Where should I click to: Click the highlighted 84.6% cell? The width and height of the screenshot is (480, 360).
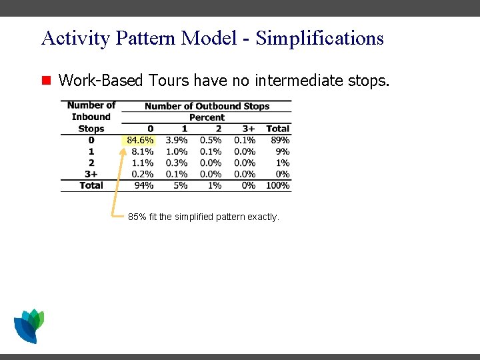pyautogui.click(x=140, y=140)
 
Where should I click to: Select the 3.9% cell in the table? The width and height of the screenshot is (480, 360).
pyautogui.click(x=177, y=140)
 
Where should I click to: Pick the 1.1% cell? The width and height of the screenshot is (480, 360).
pyautogui.click(x=143, y=163)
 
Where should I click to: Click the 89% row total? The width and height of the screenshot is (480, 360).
pyautogui.click(x=280, y=140)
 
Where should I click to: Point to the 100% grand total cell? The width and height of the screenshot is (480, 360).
pyautogui.click(x=278, y=185)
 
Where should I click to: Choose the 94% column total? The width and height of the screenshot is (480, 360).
pyautogui.click(x=144, y=185)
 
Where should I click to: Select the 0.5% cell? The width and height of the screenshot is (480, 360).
pyautogui.click(x=211, y=140)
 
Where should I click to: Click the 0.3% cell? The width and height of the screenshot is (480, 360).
pyautogui.click(x=177, y=163)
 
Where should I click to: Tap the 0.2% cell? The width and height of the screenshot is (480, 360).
pyautogui.click(x=143, y=174)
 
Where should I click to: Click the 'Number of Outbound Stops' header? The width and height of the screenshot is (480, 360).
pyautogui.click(x=207, y=106)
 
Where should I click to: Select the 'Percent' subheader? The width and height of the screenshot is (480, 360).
pyautogui.click(x=207, y=117)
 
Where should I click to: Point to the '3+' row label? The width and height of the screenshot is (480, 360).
pyautogui.click(x=91, y=174)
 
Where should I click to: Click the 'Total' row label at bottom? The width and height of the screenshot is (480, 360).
pyautogui.click(x=91, y=185)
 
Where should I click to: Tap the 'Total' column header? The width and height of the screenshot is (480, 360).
pyautogui.click(x=278, y=129)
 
